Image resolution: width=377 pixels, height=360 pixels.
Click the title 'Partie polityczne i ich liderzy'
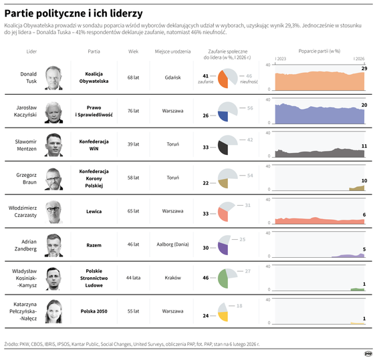73,13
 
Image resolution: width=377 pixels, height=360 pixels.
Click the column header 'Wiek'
133,51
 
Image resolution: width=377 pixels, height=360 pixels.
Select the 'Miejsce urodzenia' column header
172,51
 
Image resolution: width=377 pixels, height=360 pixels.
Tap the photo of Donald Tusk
54,77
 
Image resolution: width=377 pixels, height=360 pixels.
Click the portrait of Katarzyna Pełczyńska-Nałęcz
54,311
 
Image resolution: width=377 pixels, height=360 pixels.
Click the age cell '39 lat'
133,144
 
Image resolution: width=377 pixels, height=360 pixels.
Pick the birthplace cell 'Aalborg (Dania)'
172,244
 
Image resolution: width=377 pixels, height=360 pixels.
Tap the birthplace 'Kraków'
172,277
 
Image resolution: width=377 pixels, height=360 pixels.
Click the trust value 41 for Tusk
206,76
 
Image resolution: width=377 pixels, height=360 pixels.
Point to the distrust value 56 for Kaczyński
250,108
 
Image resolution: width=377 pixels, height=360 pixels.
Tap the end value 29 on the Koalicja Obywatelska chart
364,68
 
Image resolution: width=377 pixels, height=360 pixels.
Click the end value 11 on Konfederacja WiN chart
364,146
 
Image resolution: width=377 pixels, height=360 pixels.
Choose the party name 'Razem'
94,244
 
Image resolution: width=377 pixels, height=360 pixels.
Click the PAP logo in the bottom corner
368,353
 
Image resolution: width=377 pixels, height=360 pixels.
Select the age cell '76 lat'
133,111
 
